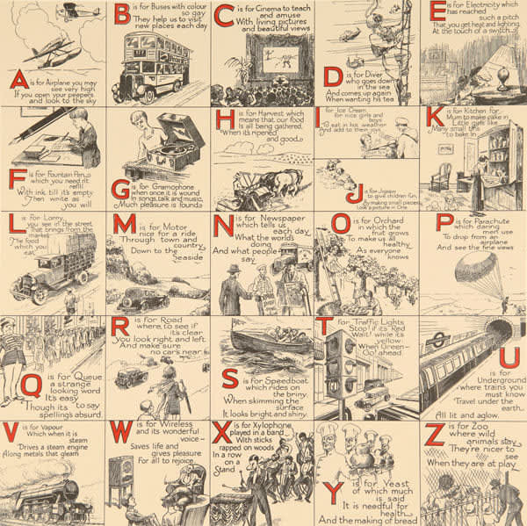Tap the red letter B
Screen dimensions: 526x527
click(122, 15)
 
